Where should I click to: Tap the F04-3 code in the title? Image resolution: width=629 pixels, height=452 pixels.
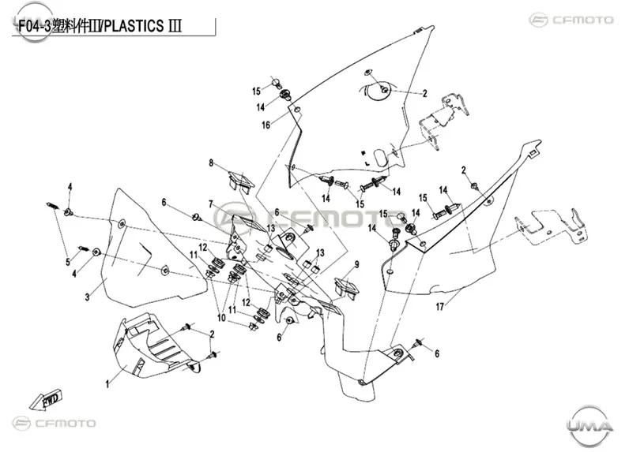coord(35,26)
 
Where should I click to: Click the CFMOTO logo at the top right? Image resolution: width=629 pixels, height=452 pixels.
coord(571,20)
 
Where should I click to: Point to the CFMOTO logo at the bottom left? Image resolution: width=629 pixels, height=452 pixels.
coord(55,423)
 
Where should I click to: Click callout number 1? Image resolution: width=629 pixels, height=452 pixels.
coord(107,384)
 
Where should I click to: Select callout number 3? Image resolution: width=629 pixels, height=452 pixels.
coord(88,297)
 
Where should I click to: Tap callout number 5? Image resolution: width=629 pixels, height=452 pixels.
coord(68,262)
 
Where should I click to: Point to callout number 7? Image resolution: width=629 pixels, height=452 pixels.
coord(211,204)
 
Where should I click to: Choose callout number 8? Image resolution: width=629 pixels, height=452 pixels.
coord(211,163)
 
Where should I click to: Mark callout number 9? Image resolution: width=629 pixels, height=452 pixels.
coord(356,264)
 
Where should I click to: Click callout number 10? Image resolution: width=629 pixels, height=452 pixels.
coord(221,318)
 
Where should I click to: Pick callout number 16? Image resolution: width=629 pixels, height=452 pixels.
coord(266,125)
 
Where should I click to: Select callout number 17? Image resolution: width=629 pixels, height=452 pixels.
coord(440,307)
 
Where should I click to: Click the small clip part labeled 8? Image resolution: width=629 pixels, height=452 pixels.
coord(241,181)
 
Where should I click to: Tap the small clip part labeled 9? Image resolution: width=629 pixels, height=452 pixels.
coord(347,287)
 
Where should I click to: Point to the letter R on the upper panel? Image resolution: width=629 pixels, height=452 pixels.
coord(363,152)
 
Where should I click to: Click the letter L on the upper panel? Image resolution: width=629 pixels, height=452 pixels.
coord(367,163)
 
